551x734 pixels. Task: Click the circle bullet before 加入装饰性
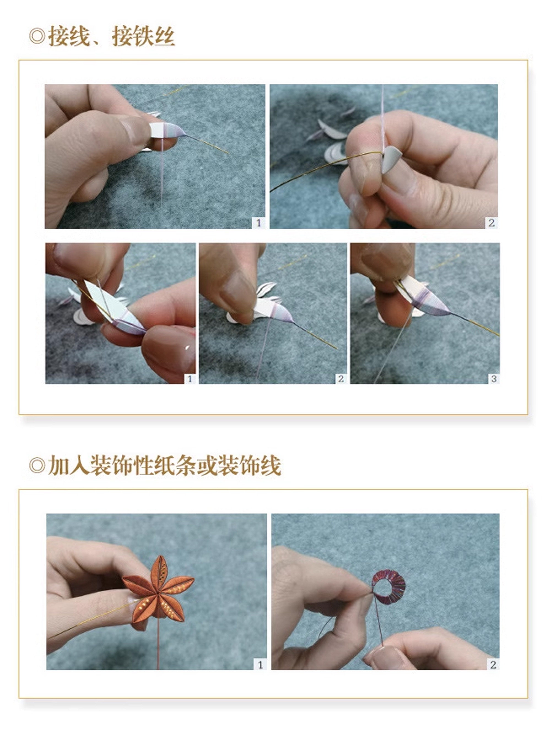(x=37, y=466)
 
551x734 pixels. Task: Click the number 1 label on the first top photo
(x=258, y=223)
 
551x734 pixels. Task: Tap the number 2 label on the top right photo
(x=491, y=223)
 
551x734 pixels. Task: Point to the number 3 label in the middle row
(x=493, y=379)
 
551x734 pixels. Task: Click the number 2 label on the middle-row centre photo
(x=341, y=379)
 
